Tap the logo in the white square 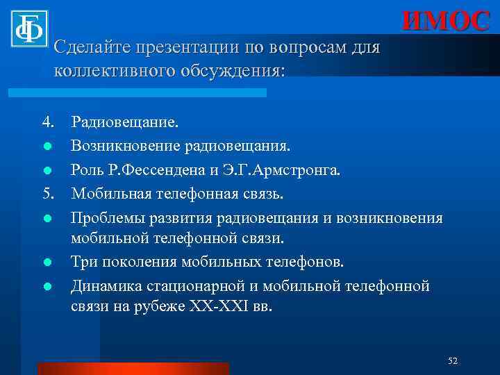29,28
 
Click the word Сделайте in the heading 87,49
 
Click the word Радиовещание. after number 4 124,123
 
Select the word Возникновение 126,147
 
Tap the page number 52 453,360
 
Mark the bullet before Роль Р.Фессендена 47,171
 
